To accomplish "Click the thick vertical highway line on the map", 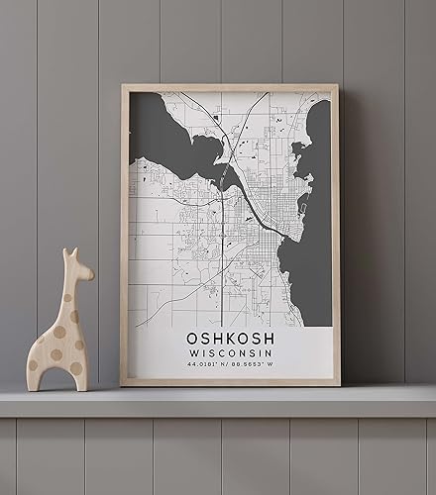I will [x=223, y=247].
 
